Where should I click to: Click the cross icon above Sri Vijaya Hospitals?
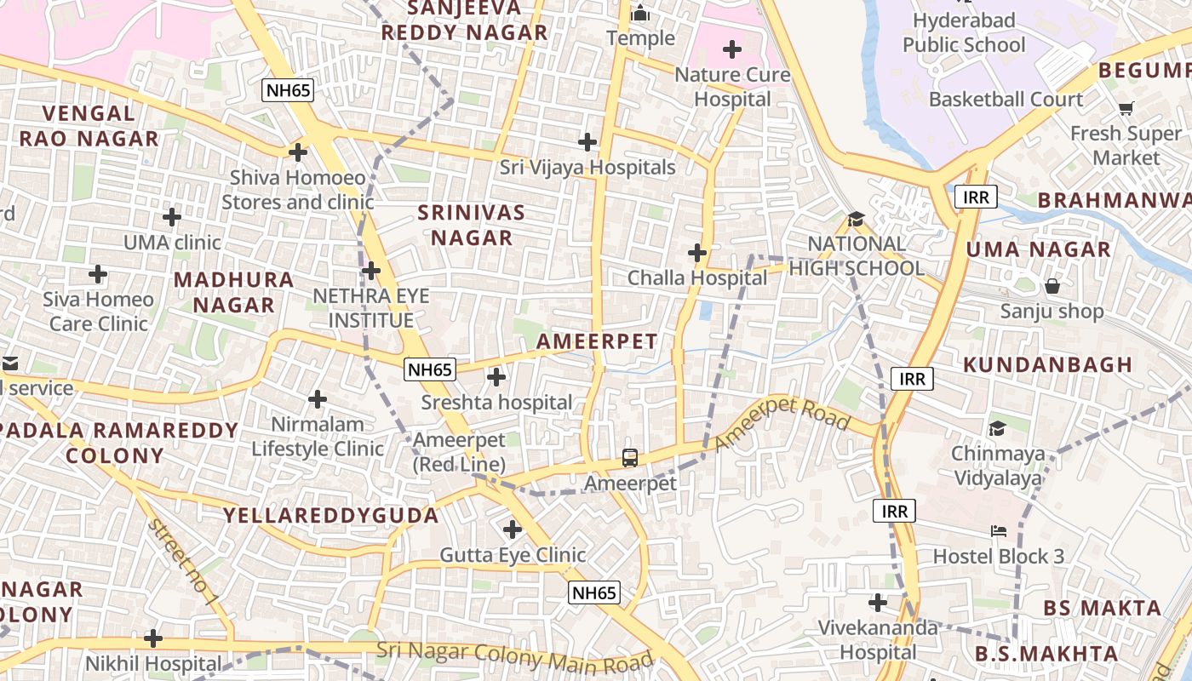(587, 141)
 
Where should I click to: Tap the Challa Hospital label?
(696, 278)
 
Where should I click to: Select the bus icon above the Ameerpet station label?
(629, 458)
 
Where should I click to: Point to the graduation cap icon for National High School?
(856, 219)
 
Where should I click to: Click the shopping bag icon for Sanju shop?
(1052, 286)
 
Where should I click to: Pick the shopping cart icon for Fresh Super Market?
(1126, 108)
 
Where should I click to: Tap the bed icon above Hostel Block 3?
(999, 531)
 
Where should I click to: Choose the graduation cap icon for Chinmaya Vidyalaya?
(997, 428)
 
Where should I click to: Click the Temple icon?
(640, 14)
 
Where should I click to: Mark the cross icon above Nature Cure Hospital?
(731, 49)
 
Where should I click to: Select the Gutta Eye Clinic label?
(512, 555)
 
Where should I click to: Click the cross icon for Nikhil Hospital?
(153, 638)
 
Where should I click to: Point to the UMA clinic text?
(172, 243)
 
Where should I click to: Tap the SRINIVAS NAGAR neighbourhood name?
(472, 225)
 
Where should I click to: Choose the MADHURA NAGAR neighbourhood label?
(233, 292)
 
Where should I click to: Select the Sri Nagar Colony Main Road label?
(514, 656)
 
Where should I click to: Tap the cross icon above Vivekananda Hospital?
(878, 603)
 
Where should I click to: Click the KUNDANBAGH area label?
(1047, 364)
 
